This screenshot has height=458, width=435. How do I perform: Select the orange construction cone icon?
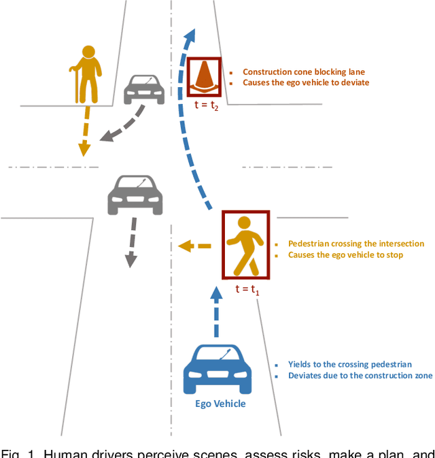click(204, 76)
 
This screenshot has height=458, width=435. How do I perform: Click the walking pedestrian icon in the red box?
click(246, 245)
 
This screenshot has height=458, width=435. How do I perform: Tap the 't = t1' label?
click(247, 289)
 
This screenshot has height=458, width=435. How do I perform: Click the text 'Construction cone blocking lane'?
click(304, 71)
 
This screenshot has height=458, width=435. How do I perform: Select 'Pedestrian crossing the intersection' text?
click(355, 244)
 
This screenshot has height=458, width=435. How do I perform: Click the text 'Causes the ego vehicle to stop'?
click(345, 255)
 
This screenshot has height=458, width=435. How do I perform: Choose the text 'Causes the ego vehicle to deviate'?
click(306, 83)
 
